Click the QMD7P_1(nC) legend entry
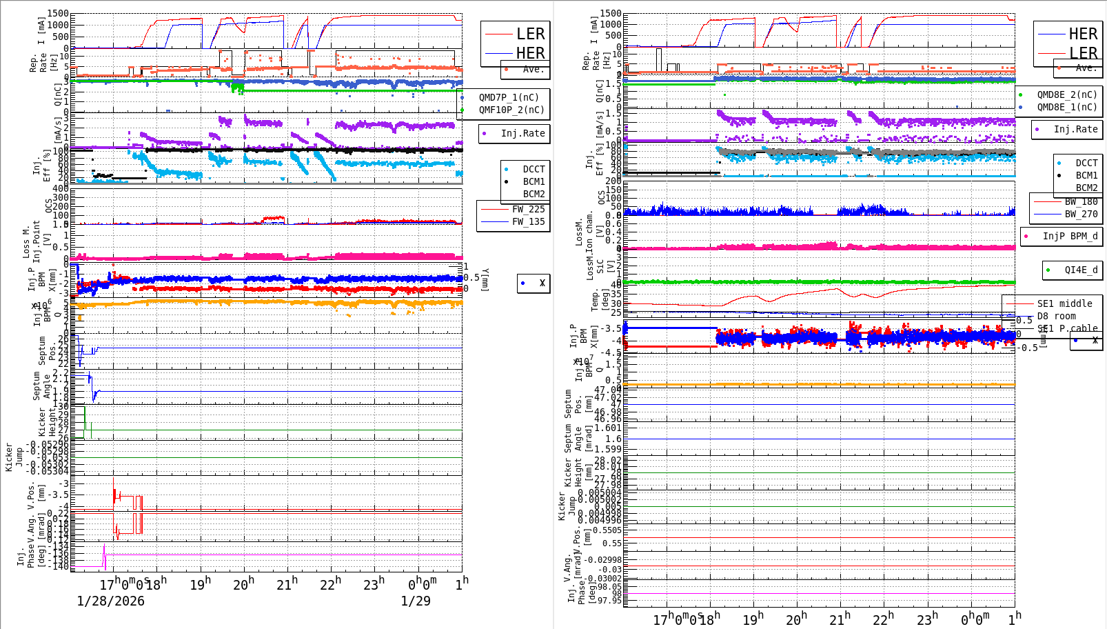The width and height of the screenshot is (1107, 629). coord(509,97)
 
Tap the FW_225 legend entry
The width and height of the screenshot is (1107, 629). coord(528,209)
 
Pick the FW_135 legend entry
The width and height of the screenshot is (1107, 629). coord(528,221)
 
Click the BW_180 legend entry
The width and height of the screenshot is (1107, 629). coord(1081,201)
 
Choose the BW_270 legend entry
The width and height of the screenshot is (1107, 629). coord(1081,214)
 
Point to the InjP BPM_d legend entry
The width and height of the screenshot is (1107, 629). coord(1070,236)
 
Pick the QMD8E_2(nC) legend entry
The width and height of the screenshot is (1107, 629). coord(1067,94)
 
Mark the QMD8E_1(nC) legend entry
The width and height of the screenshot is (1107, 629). coord(1067,107)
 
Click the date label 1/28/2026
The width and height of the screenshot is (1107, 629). coord(110,601)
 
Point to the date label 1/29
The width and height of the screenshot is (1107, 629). coord(416,601)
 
